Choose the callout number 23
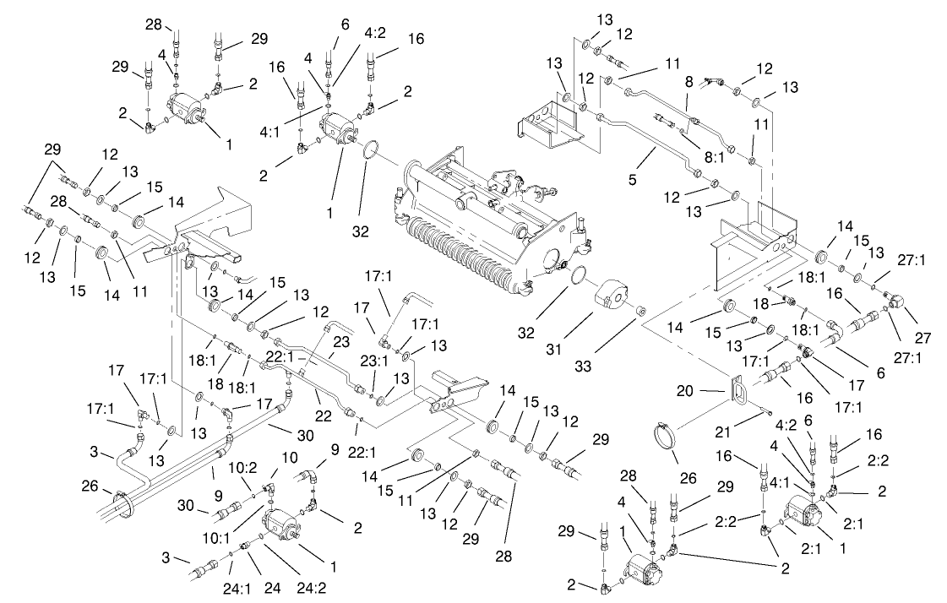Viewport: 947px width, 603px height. [x=339, y=342]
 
